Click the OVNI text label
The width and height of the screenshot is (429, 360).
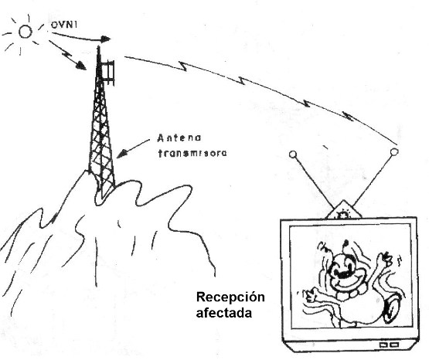(64, 25)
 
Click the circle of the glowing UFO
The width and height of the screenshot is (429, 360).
(26, 32)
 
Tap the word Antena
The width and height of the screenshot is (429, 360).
(179, 138)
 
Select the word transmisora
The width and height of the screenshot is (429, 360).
(192, 153)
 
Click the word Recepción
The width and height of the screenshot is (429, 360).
(230, 297)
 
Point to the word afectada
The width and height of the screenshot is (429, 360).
(224, 313)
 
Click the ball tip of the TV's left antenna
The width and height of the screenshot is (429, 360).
(293, 155)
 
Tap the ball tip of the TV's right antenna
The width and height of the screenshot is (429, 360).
(394, 151)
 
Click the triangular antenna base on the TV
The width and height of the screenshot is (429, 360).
(343, 210)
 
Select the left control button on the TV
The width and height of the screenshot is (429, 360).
(383, 345)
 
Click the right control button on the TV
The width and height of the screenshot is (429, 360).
(393, 345)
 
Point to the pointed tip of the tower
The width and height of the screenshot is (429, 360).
(98, 47)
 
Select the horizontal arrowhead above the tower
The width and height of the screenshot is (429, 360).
(106, 39)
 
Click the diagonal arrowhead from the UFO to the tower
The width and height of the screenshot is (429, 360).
(81, 66)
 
